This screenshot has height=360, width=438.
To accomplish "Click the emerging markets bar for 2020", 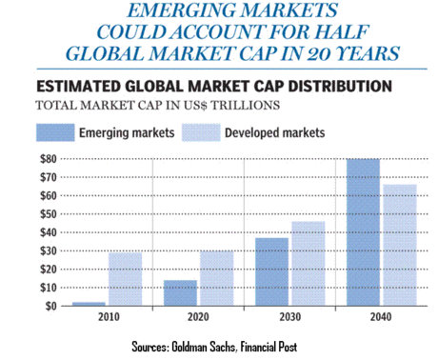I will pos(181,293).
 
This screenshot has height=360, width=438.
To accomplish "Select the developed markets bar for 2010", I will pos(125,280).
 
